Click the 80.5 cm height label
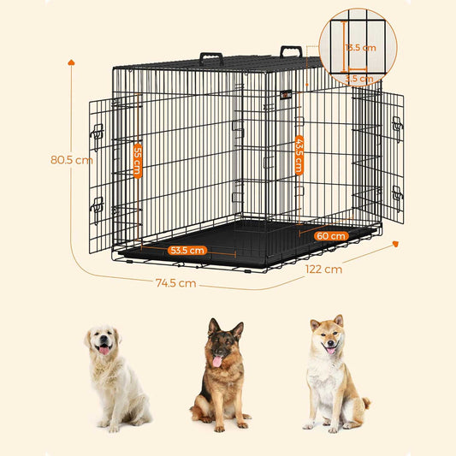pyautogui.click(x=71, y=159)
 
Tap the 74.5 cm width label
pyautogui.click(x=175, y=282)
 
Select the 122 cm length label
pyautogui.click(x=323, y=269)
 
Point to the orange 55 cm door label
pyautogui.click(x=137, y=160)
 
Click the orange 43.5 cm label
pyautogui.click(x=299, y=154)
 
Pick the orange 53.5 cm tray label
pyautogui.click(x=187, y=251)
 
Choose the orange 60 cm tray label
pyautogui.click(x=331, y=235)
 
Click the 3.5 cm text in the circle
pyautogui.click(x=359, y=78)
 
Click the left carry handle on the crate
pyautogui.click(x=211, y=59)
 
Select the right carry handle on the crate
pyautogui.click(x=291, y=50)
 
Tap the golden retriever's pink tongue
pyautogui.click(x=104, y=349)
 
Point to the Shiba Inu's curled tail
pyautogui.click(x=365, y=403)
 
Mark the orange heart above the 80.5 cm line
pyautogui.click(x=71, y=62)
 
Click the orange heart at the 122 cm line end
pyautogui.click(x=395, y=244)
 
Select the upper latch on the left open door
pyautogui.click(x=98, y=133)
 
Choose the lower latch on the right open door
pyautogui.click(x=397, y=194)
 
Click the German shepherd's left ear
pyautogui.click(x=210, y=326)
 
